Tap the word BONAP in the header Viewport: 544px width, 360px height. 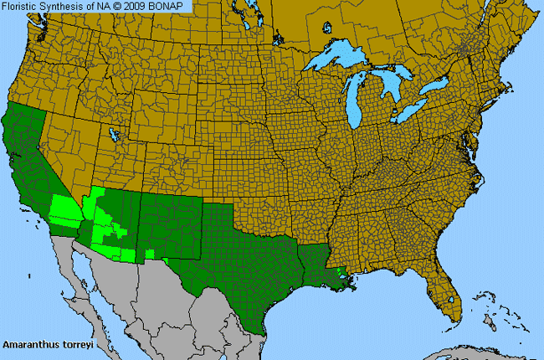pos(172,7)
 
